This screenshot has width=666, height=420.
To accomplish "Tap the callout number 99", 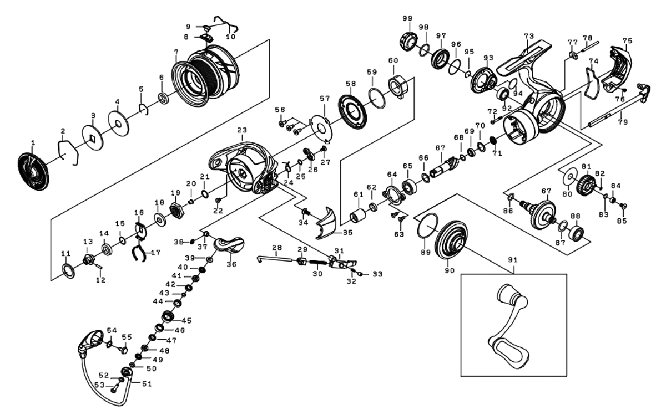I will point(407,18).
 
